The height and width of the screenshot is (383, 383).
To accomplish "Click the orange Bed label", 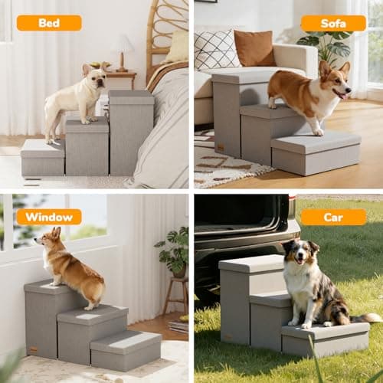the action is (x=49, y=23).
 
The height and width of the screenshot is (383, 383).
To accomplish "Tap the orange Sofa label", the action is (x=333, y=24).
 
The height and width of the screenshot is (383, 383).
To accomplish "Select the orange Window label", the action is (x=49, y=217).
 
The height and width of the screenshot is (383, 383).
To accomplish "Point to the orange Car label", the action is (x=333, y=217).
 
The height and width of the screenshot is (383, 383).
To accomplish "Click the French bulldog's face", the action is (x=97, y=79).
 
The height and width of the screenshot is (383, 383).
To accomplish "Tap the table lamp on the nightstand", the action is (x=123, y=53).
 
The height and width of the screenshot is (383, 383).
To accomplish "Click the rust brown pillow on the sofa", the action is (x=254, y=48).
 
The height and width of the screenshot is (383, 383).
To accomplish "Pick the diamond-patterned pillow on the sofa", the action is (x=215, y=50).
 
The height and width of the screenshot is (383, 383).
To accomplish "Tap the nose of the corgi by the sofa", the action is (x=349, y=90).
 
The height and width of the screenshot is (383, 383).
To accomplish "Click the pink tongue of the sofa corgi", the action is (x=344, y=97).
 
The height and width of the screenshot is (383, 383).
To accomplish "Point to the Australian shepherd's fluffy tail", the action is (x=365, y=318).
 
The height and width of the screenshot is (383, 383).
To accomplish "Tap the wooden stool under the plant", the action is (x=176, y=296).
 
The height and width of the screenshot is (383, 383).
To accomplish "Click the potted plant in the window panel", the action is (x=173, y=251).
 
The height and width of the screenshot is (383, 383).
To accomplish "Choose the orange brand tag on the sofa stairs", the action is (x=219, y=148).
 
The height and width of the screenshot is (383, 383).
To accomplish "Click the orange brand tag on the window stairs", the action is (x=33, y=349).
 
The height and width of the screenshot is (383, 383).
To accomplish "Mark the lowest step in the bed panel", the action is (x=42, y=157).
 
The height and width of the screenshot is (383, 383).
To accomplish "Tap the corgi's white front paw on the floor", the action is (x=319, y=133).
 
